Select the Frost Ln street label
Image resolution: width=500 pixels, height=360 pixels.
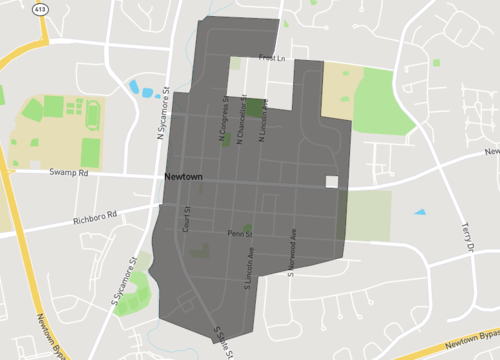click(x=272, y=58)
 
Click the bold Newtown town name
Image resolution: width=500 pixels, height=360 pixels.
click(x=184, y=177)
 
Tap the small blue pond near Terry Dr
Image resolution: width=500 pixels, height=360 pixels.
click(x=419, y=212)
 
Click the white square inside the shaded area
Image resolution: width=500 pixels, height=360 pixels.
click(x=331, y=182)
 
